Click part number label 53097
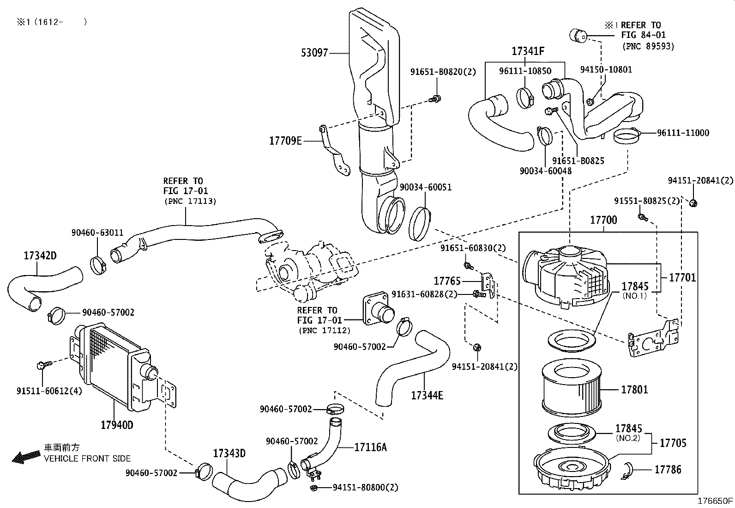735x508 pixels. pyautogui.click(x=314, y=53)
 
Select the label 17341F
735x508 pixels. pyautogui.click(x=527, y=51)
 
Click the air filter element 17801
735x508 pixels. pyautogui.click(x=572, y=388)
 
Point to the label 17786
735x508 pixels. pyautogui.click(x=668, y=470)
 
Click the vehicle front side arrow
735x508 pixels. pyautogui.click(x=26, y=457)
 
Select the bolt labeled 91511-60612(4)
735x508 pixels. pyautogui.click(x=40, y=366)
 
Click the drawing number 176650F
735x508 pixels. pyautogui.click(x=715, y=501)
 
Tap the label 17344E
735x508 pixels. pyautogui.click(x=427, y=395)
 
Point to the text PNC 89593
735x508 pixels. pyautogui.click(x=648, y=46)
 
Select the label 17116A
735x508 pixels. pyautogui.click(x=370, y=447)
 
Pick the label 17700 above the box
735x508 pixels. pyautogui.click(x=603, y=220)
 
